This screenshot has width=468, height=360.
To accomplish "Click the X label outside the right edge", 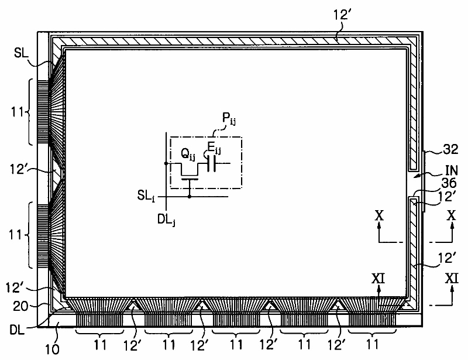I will tap(451, 215).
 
